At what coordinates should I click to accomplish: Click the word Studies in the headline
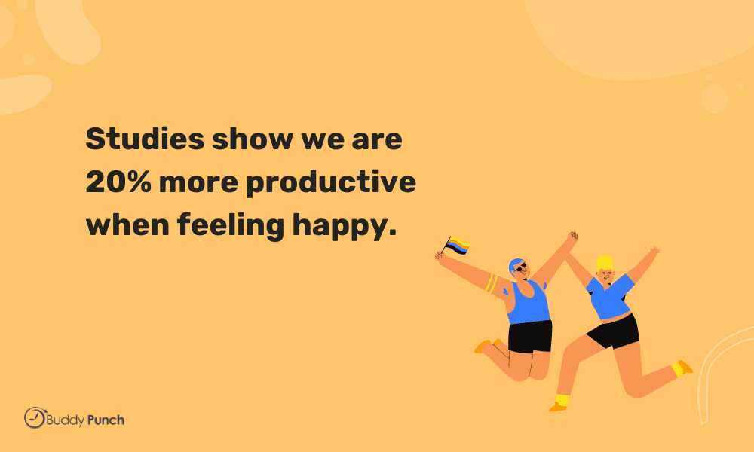tap(146, 139)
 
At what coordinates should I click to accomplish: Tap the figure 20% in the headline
tap(118, 182)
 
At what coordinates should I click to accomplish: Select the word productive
tap(331, 184)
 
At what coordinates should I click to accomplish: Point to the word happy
tap(345, 226)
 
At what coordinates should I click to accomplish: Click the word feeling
tap(231, 226)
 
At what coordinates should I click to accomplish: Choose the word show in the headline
tap(253, 139)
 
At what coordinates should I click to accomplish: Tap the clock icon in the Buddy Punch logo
tap(35, 417)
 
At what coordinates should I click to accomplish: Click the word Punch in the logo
tap(106, 420)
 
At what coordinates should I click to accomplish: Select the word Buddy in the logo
tap(66, 421)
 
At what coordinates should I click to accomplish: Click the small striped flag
tap(457, 246)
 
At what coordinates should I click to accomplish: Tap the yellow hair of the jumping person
tap(605, 263)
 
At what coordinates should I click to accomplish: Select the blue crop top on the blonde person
tap(610, 296)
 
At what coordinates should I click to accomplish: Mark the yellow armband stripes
tap(491, 283)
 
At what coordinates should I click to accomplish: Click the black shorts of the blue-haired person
tap(530, 336)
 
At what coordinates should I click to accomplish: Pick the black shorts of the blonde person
tap(615, 331)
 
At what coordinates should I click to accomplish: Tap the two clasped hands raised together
tap(572, 239)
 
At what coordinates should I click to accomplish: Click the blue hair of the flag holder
tap(515, 265)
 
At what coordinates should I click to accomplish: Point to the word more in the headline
tap(198, 183)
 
